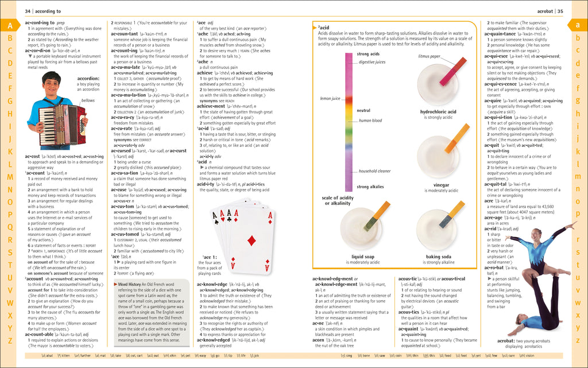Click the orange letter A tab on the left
point(10,25)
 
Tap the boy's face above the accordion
point(51,84)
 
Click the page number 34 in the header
point(28,11)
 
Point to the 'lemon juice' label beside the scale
point(330,99)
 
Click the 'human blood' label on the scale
point(370,121)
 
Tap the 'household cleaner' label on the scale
point(375,171)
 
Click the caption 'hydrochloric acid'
point(438,112)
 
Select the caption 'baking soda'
point(438,257)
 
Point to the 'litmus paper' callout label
point(430,56)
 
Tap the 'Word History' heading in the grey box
point(130,284)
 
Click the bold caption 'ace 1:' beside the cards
point(210,257)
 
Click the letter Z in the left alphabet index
point(10,340)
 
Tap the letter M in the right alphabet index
point(578,176)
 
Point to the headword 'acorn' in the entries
point(319,340)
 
